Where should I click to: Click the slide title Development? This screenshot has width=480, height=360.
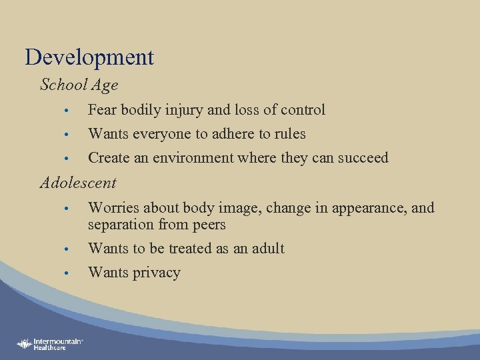(x=89, y=57)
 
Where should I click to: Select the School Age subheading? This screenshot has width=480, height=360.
(x=79, y=85)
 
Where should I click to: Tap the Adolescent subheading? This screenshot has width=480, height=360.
(x=78, y=183)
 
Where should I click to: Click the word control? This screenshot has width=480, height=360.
(x=303, y=110)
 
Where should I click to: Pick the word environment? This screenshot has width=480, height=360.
(x=198, y=158)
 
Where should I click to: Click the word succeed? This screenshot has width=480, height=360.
(x=363, y=158)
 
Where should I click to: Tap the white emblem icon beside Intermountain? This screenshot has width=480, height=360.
(x=25, y=344)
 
